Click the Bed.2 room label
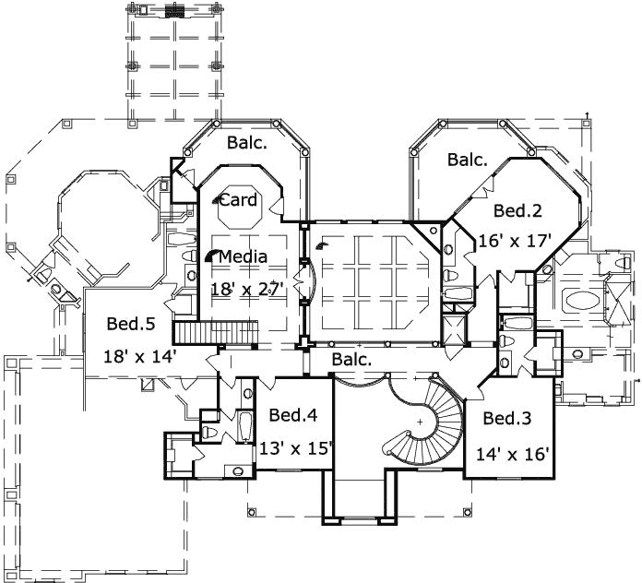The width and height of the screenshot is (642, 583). (517, 210)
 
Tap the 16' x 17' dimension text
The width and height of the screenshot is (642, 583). (515, 241)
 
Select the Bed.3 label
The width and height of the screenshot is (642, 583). (507, 419)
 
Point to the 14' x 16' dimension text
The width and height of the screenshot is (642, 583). (513, 454)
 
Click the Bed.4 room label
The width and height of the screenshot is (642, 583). (293, 414)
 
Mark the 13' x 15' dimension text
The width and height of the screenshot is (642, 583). (295, 449)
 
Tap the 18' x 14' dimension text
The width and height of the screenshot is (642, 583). (140, 355)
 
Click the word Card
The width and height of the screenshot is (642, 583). (237, 199)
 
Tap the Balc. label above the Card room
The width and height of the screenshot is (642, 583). (246, 142)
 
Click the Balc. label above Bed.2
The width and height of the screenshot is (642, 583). (468, 160)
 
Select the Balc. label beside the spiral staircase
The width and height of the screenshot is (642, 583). (351, 359)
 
